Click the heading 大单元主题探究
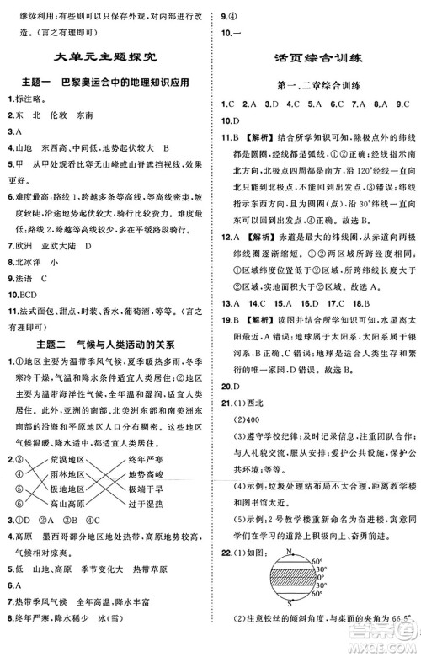coord(104,58)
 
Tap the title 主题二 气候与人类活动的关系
coord(105,344)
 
